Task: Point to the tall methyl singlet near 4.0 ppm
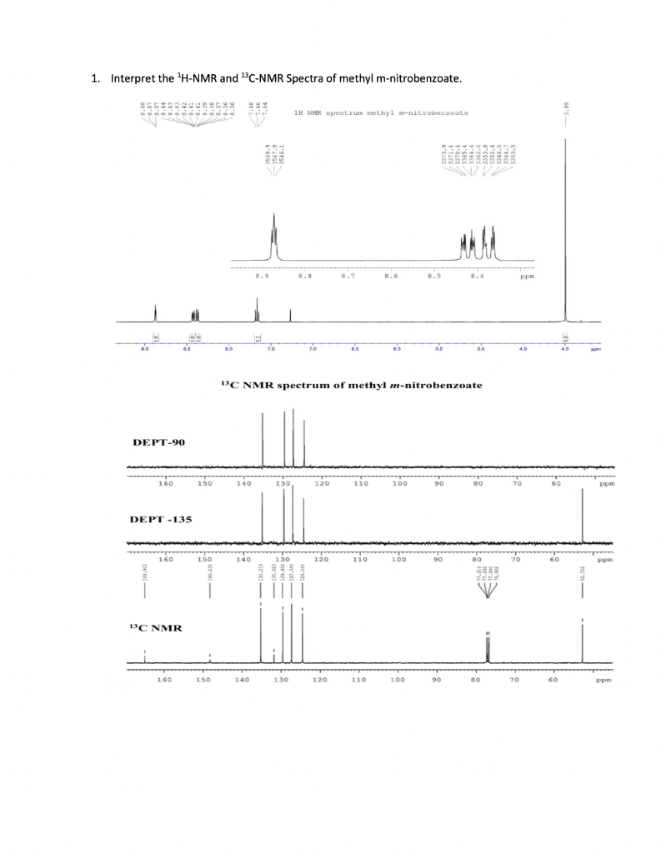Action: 566,233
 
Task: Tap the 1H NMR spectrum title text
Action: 381,111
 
